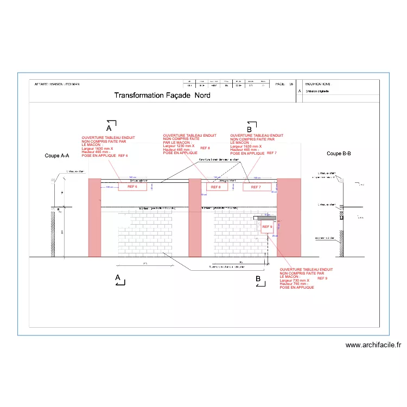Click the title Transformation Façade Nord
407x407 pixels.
[x=162, y=96]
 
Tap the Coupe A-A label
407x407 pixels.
[x=56, y=156]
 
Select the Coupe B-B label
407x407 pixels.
[x=339, y=154]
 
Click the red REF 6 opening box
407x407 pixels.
[x=133, y=187]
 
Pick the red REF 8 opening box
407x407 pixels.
[x=215, y=187]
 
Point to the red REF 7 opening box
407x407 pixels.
[x=256, y=187]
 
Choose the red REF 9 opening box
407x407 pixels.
[x=266, y=227]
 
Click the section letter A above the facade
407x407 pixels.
[x=109, y=129]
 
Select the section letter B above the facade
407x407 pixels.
[x=249, y=130]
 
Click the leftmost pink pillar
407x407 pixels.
[x=94, y=217]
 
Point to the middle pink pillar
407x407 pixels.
[x=194, y=217]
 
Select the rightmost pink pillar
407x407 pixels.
[x=289, y=217]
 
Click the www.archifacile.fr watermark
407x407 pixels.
[x=373, y=345]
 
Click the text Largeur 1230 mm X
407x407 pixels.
[x=179, y=146]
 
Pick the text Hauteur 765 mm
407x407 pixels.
[x=293, y=284]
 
